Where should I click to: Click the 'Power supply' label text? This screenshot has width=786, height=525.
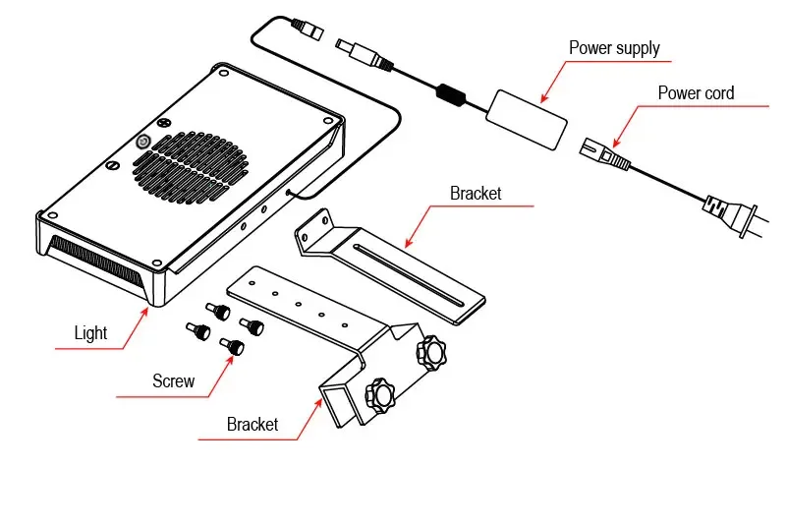pos(614,47)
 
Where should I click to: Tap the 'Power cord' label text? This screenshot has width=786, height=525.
pos(696,93)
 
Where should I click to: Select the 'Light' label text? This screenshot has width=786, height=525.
pos(90,332)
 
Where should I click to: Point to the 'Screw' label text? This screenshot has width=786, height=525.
pos(173,380)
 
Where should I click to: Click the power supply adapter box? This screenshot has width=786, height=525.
pos(528,115)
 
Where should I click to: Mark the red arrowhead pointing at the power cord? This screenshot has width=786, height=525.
pos(614,144)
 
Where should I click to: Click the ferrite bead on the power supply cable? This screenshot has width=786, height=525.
pos(451,93)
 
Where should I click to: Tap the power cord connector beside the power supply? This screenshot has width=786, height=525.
pos(606,154)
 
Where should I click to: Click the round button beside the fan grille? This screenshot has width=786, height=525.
pos(142,142)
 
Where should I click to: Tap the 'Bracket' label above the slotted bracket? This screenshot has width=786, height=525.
pos(476,193)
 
